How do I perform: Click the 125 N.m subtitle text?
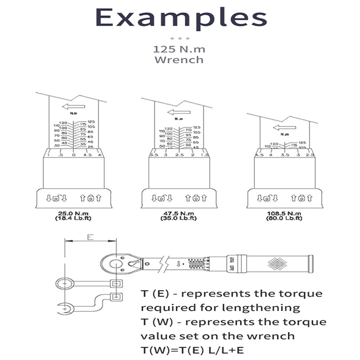click(179, 48)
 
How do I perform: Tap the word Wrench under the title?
click(179, 59)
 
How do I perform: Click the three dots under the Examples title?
click(180, 38)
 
